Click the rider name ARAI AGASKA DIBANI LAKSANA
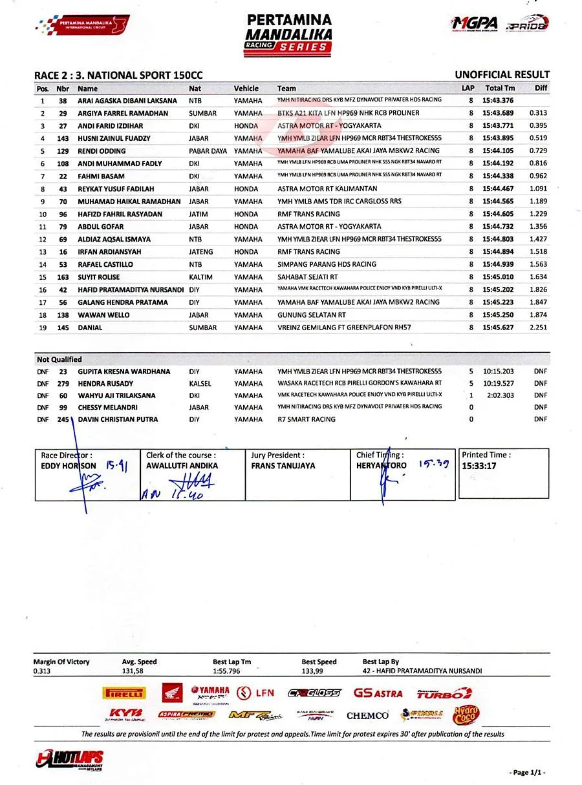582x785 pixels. point(127,101)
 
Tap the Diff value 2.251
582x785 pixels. point(538,328)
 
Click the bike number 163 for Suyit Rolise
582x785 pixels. point(63,277)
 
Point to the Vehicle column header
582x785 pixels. point(246,89)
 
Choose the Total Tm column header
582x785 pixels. point(500,89)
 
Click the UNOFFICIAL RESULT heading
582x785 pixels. point(502,75)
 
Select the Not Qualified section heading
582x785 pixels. point(59,359)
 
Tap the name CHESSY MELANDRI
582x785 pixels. point(109,407)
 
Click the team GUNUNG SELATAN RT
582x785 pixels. point(311,315)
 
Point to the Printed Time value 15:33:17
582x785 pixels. point(479,466)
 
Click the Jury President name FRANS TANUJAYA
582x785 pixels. point(283,466)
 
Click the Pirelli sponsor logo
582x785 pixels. point(124,694)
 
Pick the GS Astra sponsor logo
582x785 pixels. point(378,693)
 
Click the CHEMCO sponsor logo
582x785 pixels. point(367,716)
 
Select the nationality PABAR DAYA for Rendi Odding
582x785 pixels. point(208,151)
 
